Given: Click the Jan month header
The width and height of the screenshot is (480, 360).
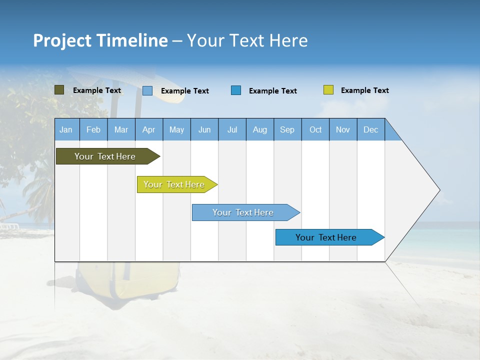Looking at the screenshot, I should click(x=66, y=129).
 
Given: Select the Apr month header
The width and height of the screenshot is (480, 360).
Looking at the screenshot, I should click(x=148, y=129).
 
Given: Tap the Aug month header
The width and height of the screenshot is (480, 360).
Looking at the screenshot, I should click(x=259, y=129).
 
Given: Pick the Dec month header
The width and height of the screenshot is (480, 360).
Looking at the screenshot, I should click(x=370, y=129).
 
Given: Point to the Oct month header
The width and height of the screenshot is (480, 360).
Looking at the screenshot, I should click(x=315, y=129).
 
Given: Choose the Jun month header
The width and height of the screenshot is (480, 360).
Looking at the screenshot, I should click(x=204, y=129).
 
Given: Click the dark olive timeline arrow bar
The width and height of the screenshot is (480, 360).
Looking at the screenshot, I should click(x=105, y=156).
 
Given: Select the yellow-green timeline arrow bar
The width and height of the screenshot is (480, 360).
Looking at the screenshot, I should click(x=174, y=184).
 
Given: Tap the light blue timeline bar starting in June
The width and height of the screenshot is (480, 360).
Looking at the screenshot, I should click(x=243, y=212).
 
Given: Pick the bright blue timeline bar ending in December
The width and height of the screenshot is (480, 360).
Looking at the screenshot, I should click(x=326, y=237).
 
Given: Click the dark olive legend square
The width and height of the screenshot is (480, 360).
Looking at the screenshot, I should click(x=59, y=90).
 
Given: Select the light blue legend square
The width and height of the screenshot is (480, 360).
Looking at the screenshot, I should click(x=147, y=90).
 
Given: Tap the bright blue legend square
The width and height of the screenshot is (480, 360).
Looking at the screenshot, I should click(x=236, y=90).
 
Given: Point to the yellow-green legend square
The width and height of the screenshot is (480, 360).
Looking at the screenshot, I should click(x=328, y=90).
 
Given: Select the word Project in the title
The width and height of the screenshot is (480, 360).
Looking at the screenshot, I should click(x=62, y=40).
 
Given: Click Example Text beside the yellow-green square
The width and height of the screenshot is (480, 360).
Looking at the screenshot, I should click(x=364, y=90).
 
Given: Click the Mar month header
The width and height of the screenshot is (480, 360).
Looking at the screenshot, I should click(x=121, y=129).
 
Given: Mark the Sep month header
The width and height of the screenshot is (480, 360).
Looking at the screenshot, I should click(x=287, y=129).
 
